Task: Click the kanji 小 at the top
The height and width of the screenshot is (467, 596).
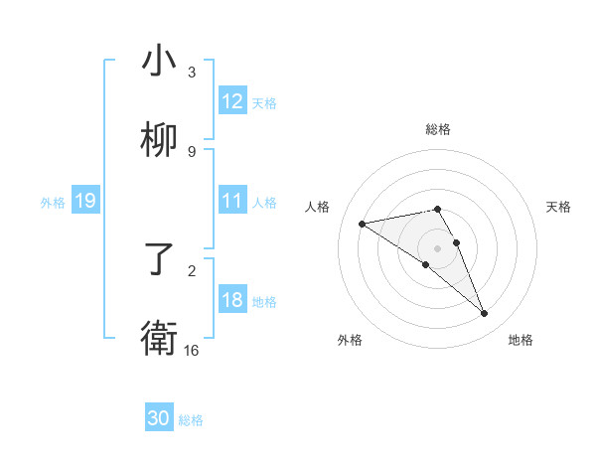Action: click(x=159, y=62)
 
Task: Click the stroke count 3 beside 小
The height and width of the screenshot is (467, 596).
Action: click(x=192, y=73)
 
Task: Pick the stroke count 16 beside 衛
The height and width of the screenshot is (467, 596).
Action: click(x=192, y=350)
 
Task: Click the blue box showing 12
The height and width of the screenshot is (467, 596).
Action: click(x=232, y=101)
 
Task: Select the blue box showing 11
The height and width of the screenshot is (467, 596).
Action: click(x=232, y=201)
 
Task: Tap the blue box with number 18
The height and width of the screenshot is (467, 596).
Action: click(x=232, y=300)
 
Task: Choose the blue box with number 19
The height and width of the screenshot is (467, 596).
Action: click(x=84, y=202)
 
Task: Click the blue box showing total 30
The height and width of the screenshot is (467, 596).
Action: click(x=159, y=419)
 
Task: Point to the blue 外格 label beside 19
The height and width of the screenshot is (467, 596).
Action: click(x=53, y=203)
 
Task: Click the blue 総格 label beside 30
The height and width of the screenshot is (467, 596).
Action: click(x=191, y=420)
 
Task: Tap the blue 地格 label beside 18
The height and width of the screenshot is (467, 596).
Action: click(x=264, y=301)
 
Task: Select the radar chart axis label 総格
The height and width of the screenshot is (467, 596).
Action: click(x=438, y=129)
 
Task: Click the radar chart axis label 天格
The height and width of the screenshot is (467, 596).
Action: click(x=558, y=207)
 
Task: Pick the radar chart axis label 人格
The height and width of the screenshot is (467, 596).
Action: click(x=318, y=207)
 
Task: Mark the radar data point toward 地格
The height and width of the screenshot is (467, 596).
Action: click(x=485, y=314)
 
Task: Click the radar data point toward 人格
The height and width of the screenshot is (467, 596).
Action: click(x=363, y=224)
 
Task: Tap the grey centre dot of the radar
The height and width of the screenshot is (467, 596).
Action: click(x=438, y=247)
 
